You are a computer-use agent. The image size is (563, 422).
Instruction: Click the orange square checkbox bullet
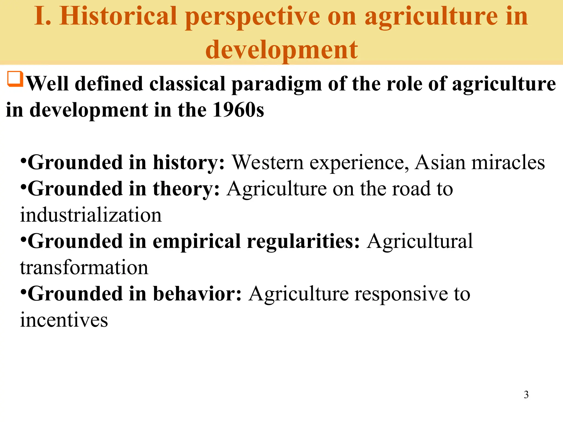(15, 79)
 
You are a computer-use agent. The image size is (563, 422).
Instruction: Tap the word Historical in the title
(118, 16)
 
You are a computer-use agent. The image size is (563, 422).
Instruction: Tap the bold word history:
(189, 163)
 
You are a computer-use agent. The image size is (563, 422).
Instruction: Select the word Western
(268, 163)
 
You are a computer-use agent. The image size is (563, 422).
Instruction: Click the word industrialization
(91, 215)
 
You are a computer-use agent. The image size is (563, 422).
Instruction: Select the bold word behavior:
(197, 294)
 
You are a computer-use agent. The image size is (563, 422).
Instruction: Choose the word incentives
(64, 320)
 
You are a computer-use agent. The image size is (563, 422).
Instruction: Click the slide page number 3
(526, 395)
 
